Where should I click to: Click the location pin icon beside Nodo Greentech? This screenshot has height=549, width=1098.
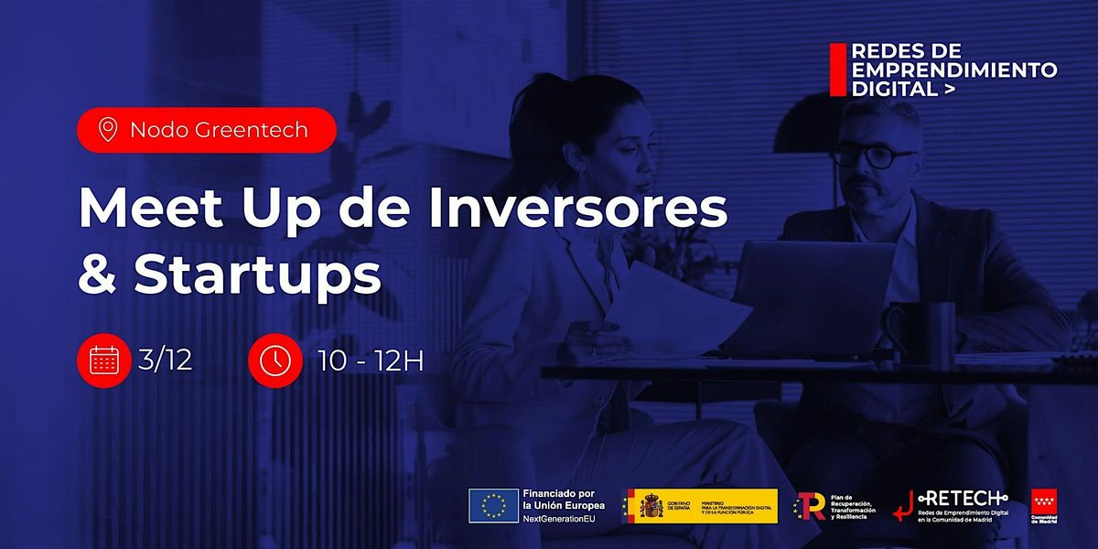click(x=108, y=130)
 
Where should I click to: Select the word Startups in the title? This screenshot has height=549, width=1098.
click(x=258, y=275)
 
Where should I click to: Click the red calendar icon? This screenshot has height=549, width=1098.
click(x=102, y=361)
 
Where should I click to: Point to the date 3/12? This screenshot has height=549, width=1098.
click(x=167, y=361)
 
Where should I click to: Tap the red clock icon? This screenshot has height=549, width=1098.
click(x=274, y=361)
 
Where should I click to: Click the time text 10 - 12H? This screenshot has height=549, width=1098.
click(x=371, y=361)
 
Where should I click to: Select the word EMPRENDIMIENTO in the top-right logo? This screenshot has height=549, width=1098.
click(x=954, y=70)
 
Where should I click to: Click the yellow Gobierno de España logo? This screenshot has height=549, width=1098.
click(x=699, y=506)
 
